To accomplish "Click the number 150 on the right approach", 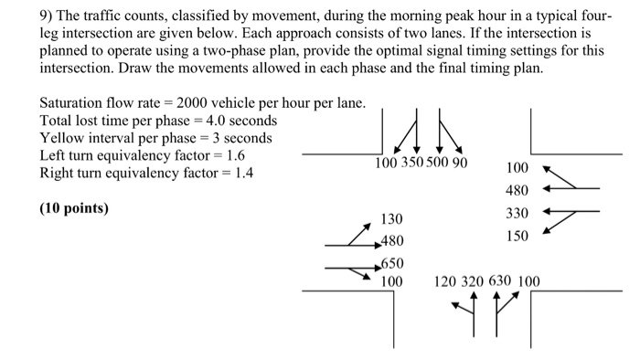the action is pyautogui.click(x=517, y=236).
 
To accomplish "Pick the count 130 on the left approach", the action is pyautogui.click(x=392, y=219).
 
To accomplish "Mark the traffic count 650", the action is pyautogui.click(x=392, y=262).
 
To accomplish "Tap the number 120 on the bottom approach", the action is pyautogui.click(x=446, y=281).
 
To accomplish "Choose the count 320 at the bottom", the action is pyautogui.click(x=473, y=281).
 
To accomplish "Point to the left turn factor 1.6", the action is pyautogui.click(x=236, y=155).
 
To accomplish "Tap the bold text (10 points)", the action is pyautogui.click(x=73, y=208).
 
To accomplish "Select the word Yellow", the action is pyautogui.click(x=64, y=138).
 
